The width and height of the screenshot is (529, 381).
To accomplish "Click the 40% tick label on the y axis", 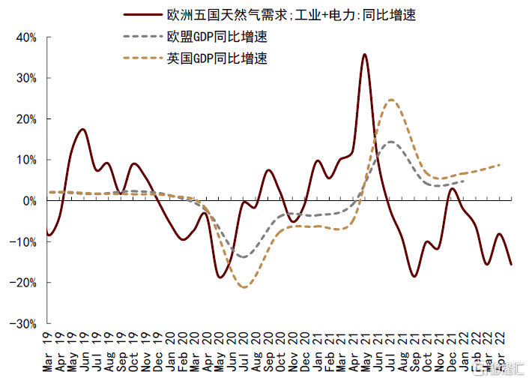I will click(x=26, y=37).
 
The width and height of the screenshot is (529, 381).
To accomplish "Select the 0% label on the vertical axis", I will click(x=31, y=201).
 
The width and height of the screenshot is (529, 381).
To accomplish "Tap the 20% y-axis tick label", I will click(x=26, y=118).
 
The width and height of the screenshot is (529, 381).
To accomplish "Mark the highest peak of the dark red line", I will click(x=364, y=54).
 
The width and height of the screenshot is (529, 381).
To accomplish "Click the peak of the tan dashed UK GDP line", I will click(x=391, y=100).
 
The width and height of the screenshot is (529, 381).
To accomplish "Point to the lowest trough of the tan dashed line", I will click(x=243, y=286).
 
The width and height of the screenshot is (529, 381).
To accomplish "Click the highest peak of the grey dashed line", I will click(x=390, y=142).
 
